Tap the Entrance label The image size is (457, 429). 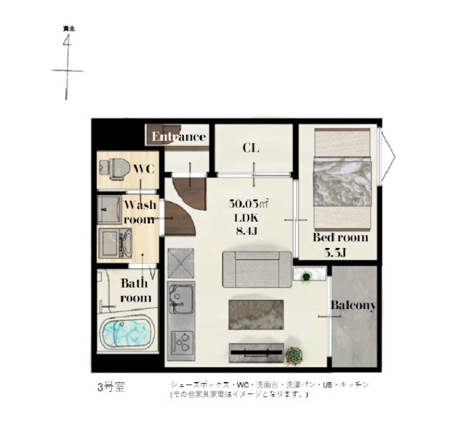[178, 137]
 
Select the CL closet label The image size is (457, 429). [251, 149]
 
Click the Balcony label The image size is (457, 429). [353, 306]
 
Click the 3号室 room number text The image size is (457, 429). [110, 387]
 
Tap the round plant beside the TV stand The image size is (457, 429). [294, 355]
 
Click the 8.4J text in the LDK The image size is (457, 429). [246, 231]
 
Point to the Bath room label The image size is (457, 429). [135, 290]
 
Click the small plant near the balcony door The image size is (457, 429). [306, 276]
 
